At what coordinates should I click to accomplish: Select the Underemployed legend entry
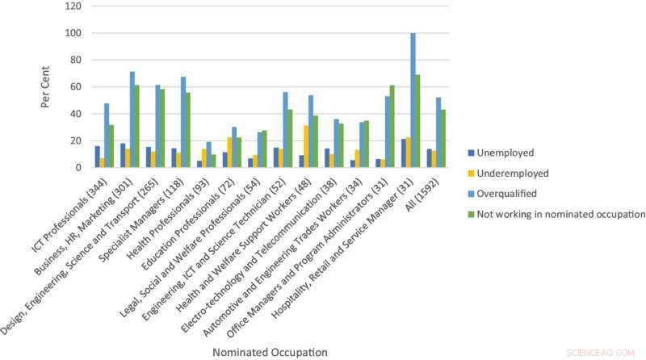pos(512,172)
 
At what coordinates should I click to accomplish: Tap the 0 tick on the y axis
pos(78,168)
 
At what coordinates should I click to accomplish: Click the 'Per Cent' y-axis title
pos(48,87)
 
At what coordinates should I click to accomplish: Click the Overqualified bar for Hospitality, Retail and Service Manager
pos(413,100)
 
